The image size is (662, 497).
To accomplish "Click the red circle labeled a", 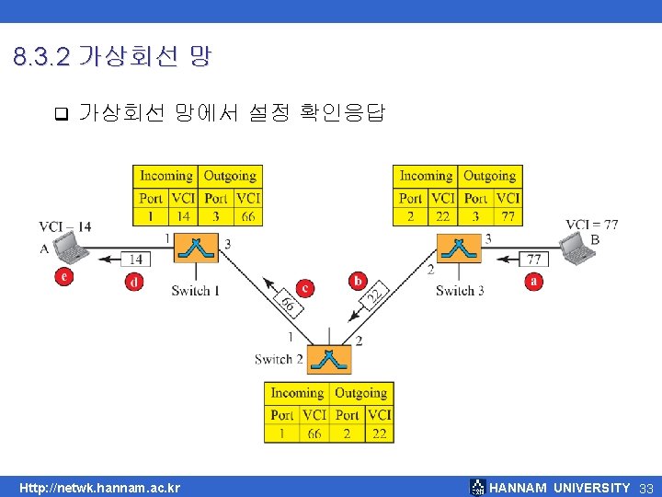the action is click(534, 282).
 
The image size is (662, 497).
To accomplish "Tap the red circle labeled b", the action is click(358, 280).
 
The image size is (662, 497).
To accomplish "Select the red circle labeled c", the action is click(305, 288).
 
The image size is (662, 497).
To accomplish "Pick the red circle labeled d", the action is click(134, 282).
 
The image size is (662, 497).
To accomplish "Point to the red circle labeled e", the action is click(63, 275).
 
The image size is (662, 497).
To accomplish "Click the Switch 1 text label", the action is click(196, 291).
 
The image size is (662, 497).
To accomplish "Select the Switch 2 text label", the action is click(280, 359).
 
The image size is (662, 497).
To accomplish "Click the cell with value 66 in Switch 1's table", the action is click(248, 216).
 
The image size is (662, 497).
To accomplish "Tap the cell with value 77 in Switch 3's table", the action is click(508, 216).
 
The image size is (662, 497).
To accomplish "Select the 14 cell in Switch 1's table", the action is click(183, 216).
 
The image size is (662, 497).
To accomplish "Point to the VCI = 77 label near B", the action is click(591, 225).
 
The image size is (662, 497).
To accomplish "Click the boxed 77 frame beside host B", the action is click(533, 260).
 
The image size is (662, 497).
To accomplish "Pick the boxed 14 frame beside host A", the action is click(135, 260).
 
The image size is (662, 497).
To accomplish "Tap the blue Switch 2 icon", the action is click(329, 359).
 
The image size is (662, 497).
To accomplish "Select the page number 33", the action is click(646, 488).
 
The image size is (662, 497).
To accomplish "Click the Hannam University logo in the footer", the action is click(477, 487).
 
